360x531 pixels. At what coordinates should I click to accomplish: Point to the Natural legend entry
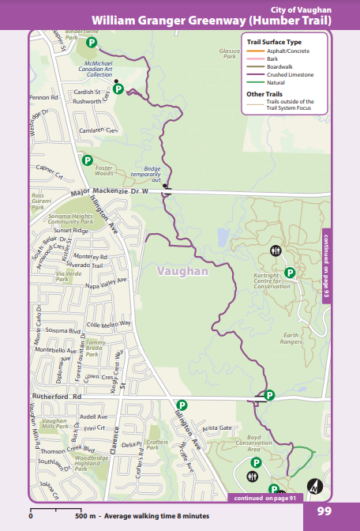coord(276,82)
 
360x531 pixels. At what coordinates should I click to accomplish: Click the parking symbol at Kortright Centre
coord(290,273)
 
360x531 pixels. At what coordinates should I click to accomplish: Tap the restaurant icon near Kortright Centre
coord(275,250)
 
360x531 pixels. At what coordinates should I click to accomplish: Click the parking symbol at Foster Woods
coord(88,160)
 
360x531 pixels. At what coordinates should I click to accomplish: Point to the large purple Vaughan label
coord(182,271)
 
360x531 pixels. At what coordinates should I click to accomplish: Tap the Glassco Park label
coord(229,54)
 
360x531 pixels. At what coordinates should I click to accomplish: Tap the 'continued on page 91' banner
coord(264,498)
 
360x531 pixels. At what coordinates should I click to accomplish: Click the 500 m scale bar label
coord(84,515)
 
